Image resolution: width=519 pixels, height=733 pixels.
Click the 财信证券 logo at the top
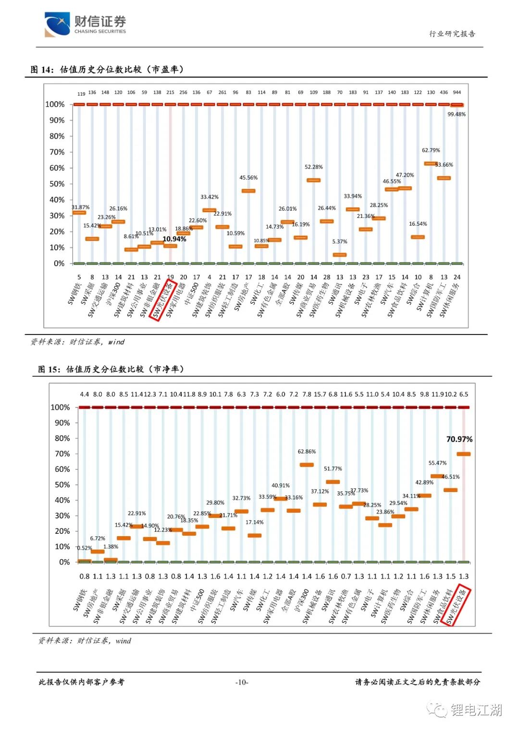point(85,24)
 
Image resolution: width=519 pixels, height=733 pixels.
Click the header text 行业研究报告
point(452,34)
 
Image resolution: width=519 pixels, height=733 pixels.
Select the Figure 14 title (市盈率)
point(107,70)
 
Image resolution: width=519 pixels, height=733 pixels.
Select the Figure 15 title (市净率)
point(111,369)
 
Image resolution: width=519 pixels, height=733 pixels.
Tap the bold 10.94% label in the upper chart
point(174,239)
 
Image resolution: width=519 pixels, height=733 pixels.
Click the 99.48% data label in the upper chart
point(456,114)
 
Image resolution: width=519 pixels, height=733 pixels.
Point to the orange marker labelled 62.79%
point(431,164)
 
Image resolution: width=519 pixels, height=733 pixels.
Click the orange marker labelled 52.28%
point(313,180)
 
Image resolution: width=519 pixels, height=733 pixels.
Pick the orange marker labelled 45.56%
point(248,191)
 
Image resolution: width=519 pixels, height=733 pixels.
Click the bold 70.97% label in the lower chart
point(459,439)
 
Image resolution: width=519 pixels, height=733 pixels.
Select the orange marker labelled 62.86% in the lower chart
point(307,465)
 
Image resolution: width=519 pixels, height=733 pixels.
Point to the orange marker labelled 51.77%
point(333,482)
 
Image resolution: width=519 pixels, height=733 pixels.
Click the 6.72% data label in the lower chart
point(98,539)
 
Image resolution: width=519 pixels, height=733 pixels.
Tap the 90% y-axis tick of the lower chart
point(62,423)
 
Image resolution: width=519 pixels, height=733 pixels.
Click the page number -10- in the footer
point(242,682)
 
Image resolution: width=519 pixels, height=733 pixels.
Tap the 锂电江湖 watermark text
point(476,710)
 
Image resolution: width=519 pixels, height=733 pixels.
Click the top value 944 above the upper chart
point(457,92)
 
